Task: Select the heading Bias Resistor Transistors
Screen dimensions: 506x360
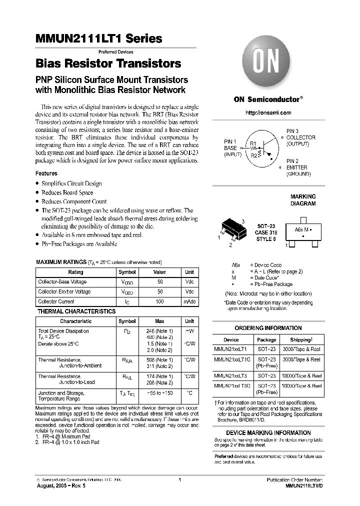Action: point(108,64)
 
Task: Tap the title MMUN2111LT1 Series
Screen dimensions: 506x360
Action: point(99,38)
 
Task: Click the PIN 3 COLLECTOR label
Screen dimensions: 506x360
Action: point(300,137)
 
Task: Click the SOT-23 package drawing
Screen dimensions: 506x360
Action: point(233,231)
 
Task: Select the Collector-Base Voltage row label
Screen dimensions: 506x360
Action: point(62,282)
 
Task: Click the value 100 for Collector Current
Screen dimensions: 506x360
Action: point(160,301)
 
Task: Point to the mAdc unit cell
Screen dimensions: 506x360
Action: point(189,301)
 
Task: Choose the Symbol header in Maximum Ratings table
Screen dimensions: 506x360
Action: point(127,272)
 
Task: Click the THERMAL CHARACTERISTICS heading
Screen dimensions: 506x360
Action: point(76,311)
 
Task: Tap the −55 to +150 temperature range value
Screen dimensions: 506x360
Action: point(160,393)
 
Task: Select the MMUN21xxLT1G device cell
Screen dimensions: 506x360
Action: point(231,360)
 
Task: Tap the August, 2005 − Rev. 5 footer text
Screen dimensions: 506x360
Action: point(61,486)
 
